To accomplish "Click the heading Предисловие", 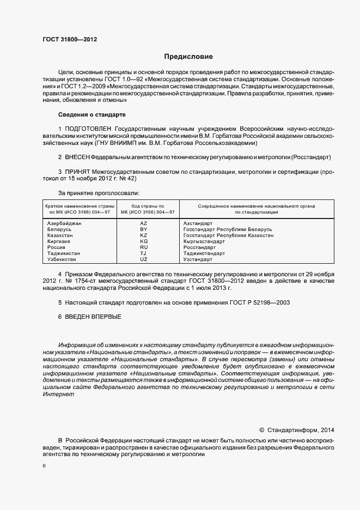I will click(x=188, y=57).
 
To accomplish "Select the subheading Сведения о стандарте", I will click(x=91, y=115).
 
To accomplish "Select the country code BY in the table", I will click(x=144, y=230).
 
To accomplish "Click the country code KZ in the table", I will click(x=144, y=235).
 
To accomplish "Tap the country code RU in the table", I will click(x=144, y=247).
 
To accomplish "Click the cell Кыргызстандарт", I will click(x=204, y=241).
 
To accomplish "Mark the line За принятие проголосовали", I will click(x=99, y=193).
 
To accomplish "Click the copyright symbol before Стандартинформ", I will click(x=261, y=429).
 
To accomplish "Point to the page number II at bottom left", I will click(x=44, y=467).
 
